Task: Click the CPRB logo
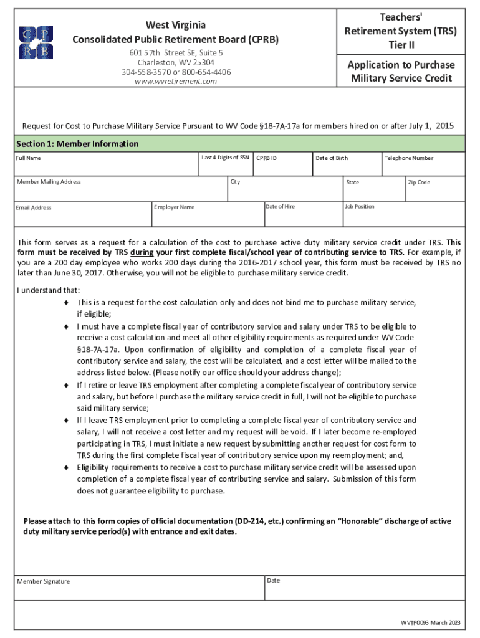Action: pos(36,42)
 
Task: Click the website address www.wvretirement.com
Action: pos(176,82)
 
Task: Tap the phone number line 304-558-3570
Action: pos(176,72)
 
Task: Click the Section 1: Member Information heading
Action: pos(77,144)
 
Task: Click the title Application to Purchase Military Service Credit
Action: pos(401,72)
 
